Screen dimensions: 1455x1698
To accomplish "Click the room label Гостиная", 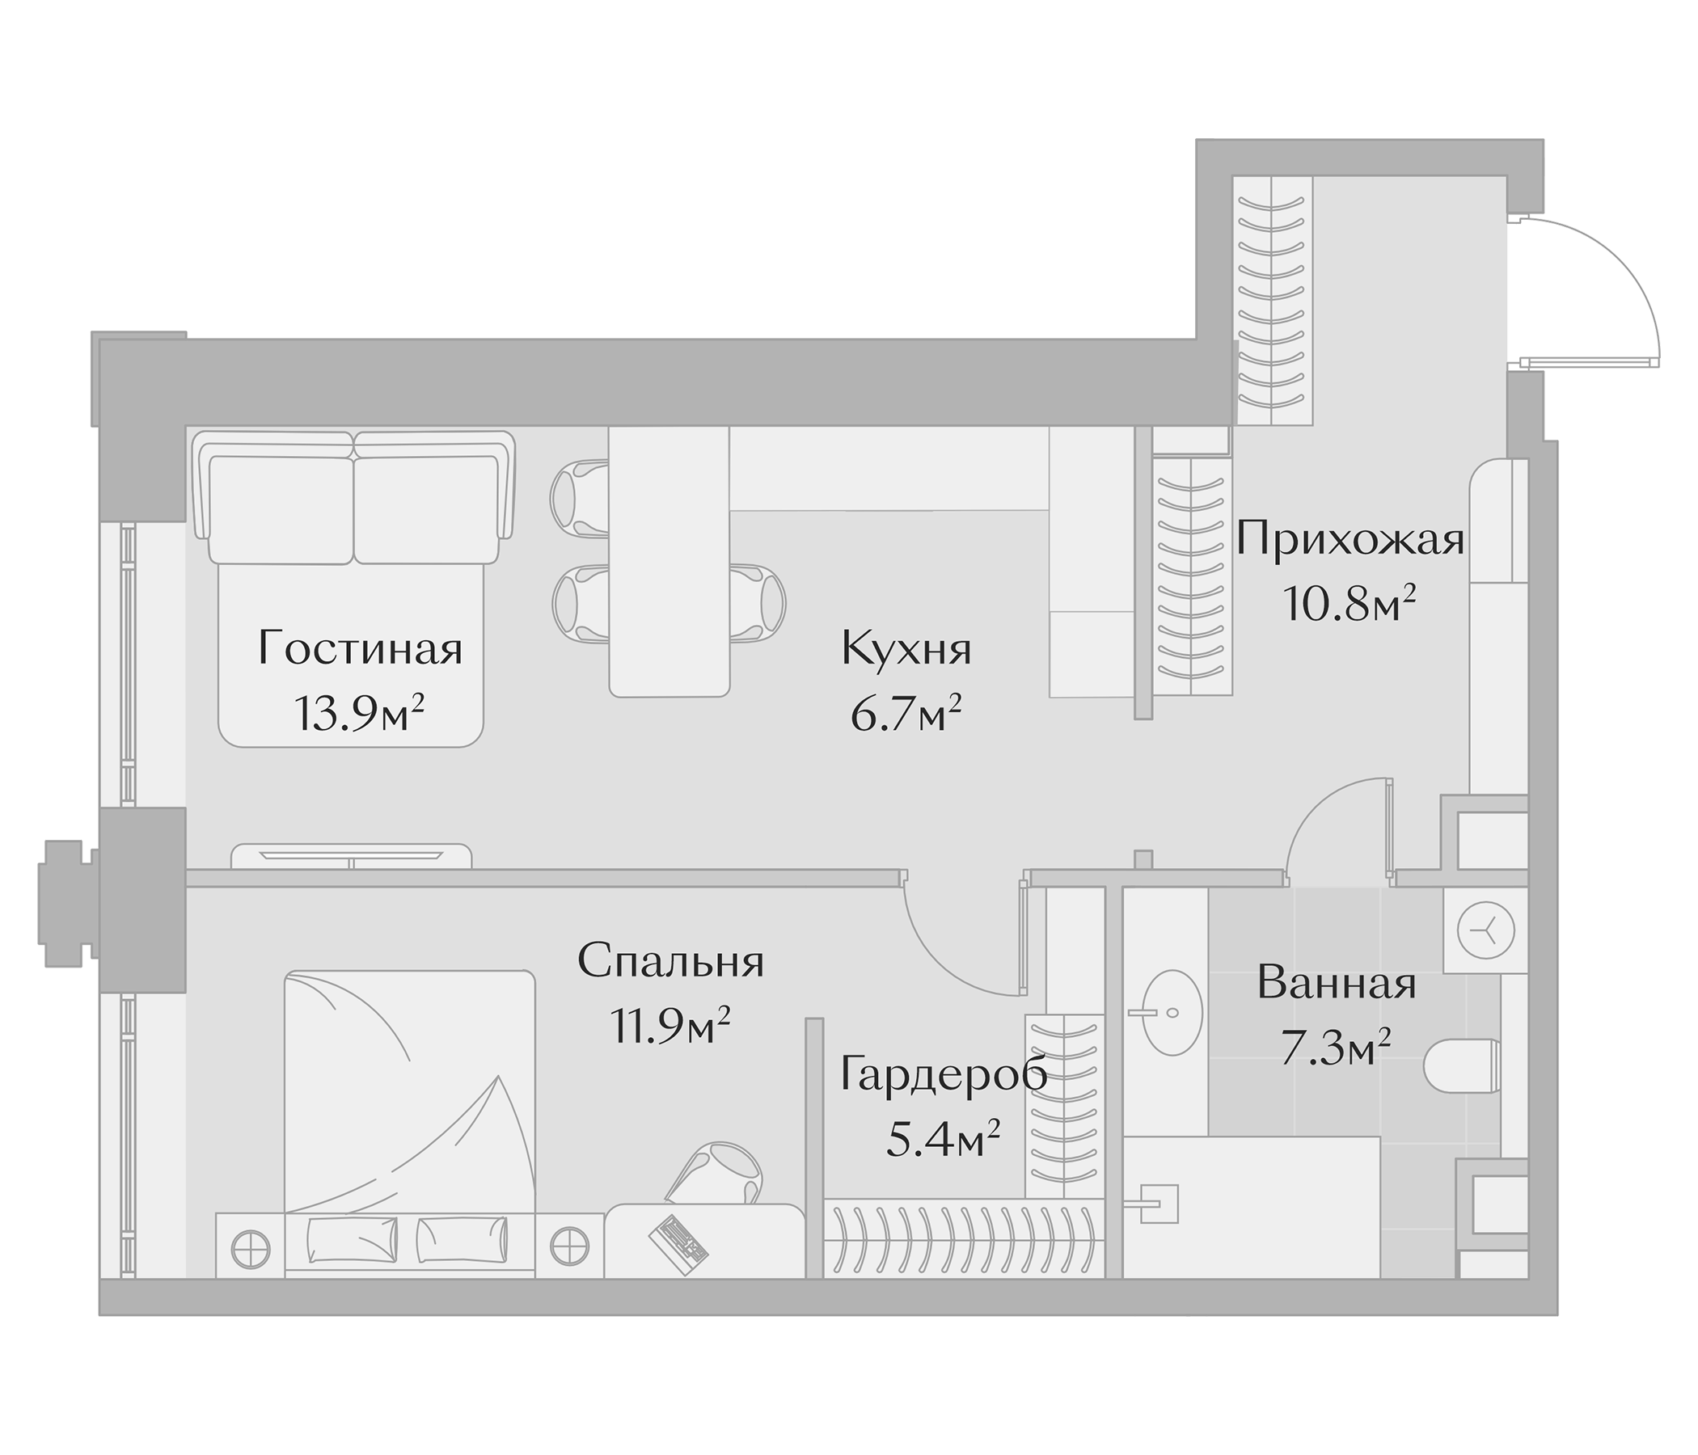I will (x=360, y=650).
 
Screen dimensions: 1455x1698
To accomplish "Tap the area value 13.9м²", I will (x=359, y=715).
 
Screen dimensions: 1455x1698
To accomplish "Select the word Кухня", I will (x=906, y=650).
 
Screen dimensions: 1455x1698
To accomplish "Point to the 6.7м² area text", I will (x=906, y=715).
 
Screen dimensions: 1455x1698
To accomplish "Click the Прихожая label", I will (x=1350, y=541).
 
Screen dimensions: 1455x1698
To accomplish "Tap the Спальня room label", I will (x=670, y=961).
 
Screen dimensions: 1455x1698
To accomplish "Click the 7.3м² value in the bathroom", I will (x=1336, y=1049).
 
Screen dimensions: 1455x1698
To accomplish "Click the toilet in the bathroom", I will (x=1464, y=1067).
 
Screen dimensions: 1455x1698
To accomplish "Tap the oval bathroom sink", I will (x=1172, y=1013).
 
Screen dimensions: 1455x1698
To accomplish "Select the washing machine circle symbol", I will (x=1486, y=930).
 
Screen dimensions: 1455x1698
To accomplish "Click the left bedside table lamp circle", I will (x=251, y=1250).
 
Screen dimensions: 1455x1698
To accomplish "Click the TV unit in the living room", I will (x=352, y=857).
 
